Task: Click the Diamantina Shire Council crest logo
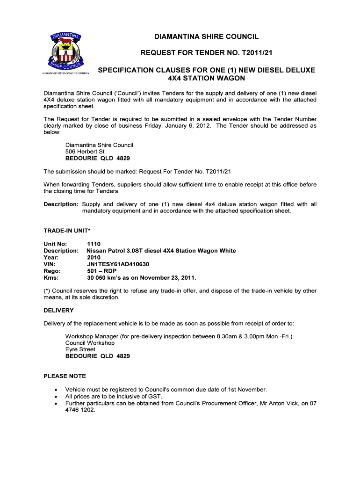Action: [x=67, y=51]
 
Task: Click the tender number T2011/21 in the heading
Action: [x=237, y=53]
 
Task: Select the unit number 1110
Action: [x=94, y=244]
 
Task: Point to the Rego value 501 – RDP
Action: [x=102, y=271]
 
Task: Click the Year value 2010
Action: [x=94, y=257]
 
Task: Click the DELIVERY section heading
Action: [x=58, y=310]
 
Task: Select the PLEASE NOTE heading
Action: [x=65, y=376]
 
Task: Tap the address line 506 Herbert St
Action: [x=85, y=152]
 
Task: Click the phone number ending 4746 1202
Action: [x=80, y=409]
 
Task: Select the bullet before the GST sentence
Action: [x=56, y=396]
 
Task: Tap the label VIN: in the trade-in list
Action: [x=50, y=264]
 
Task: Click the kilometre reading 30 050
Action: [x=98, y=277]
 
